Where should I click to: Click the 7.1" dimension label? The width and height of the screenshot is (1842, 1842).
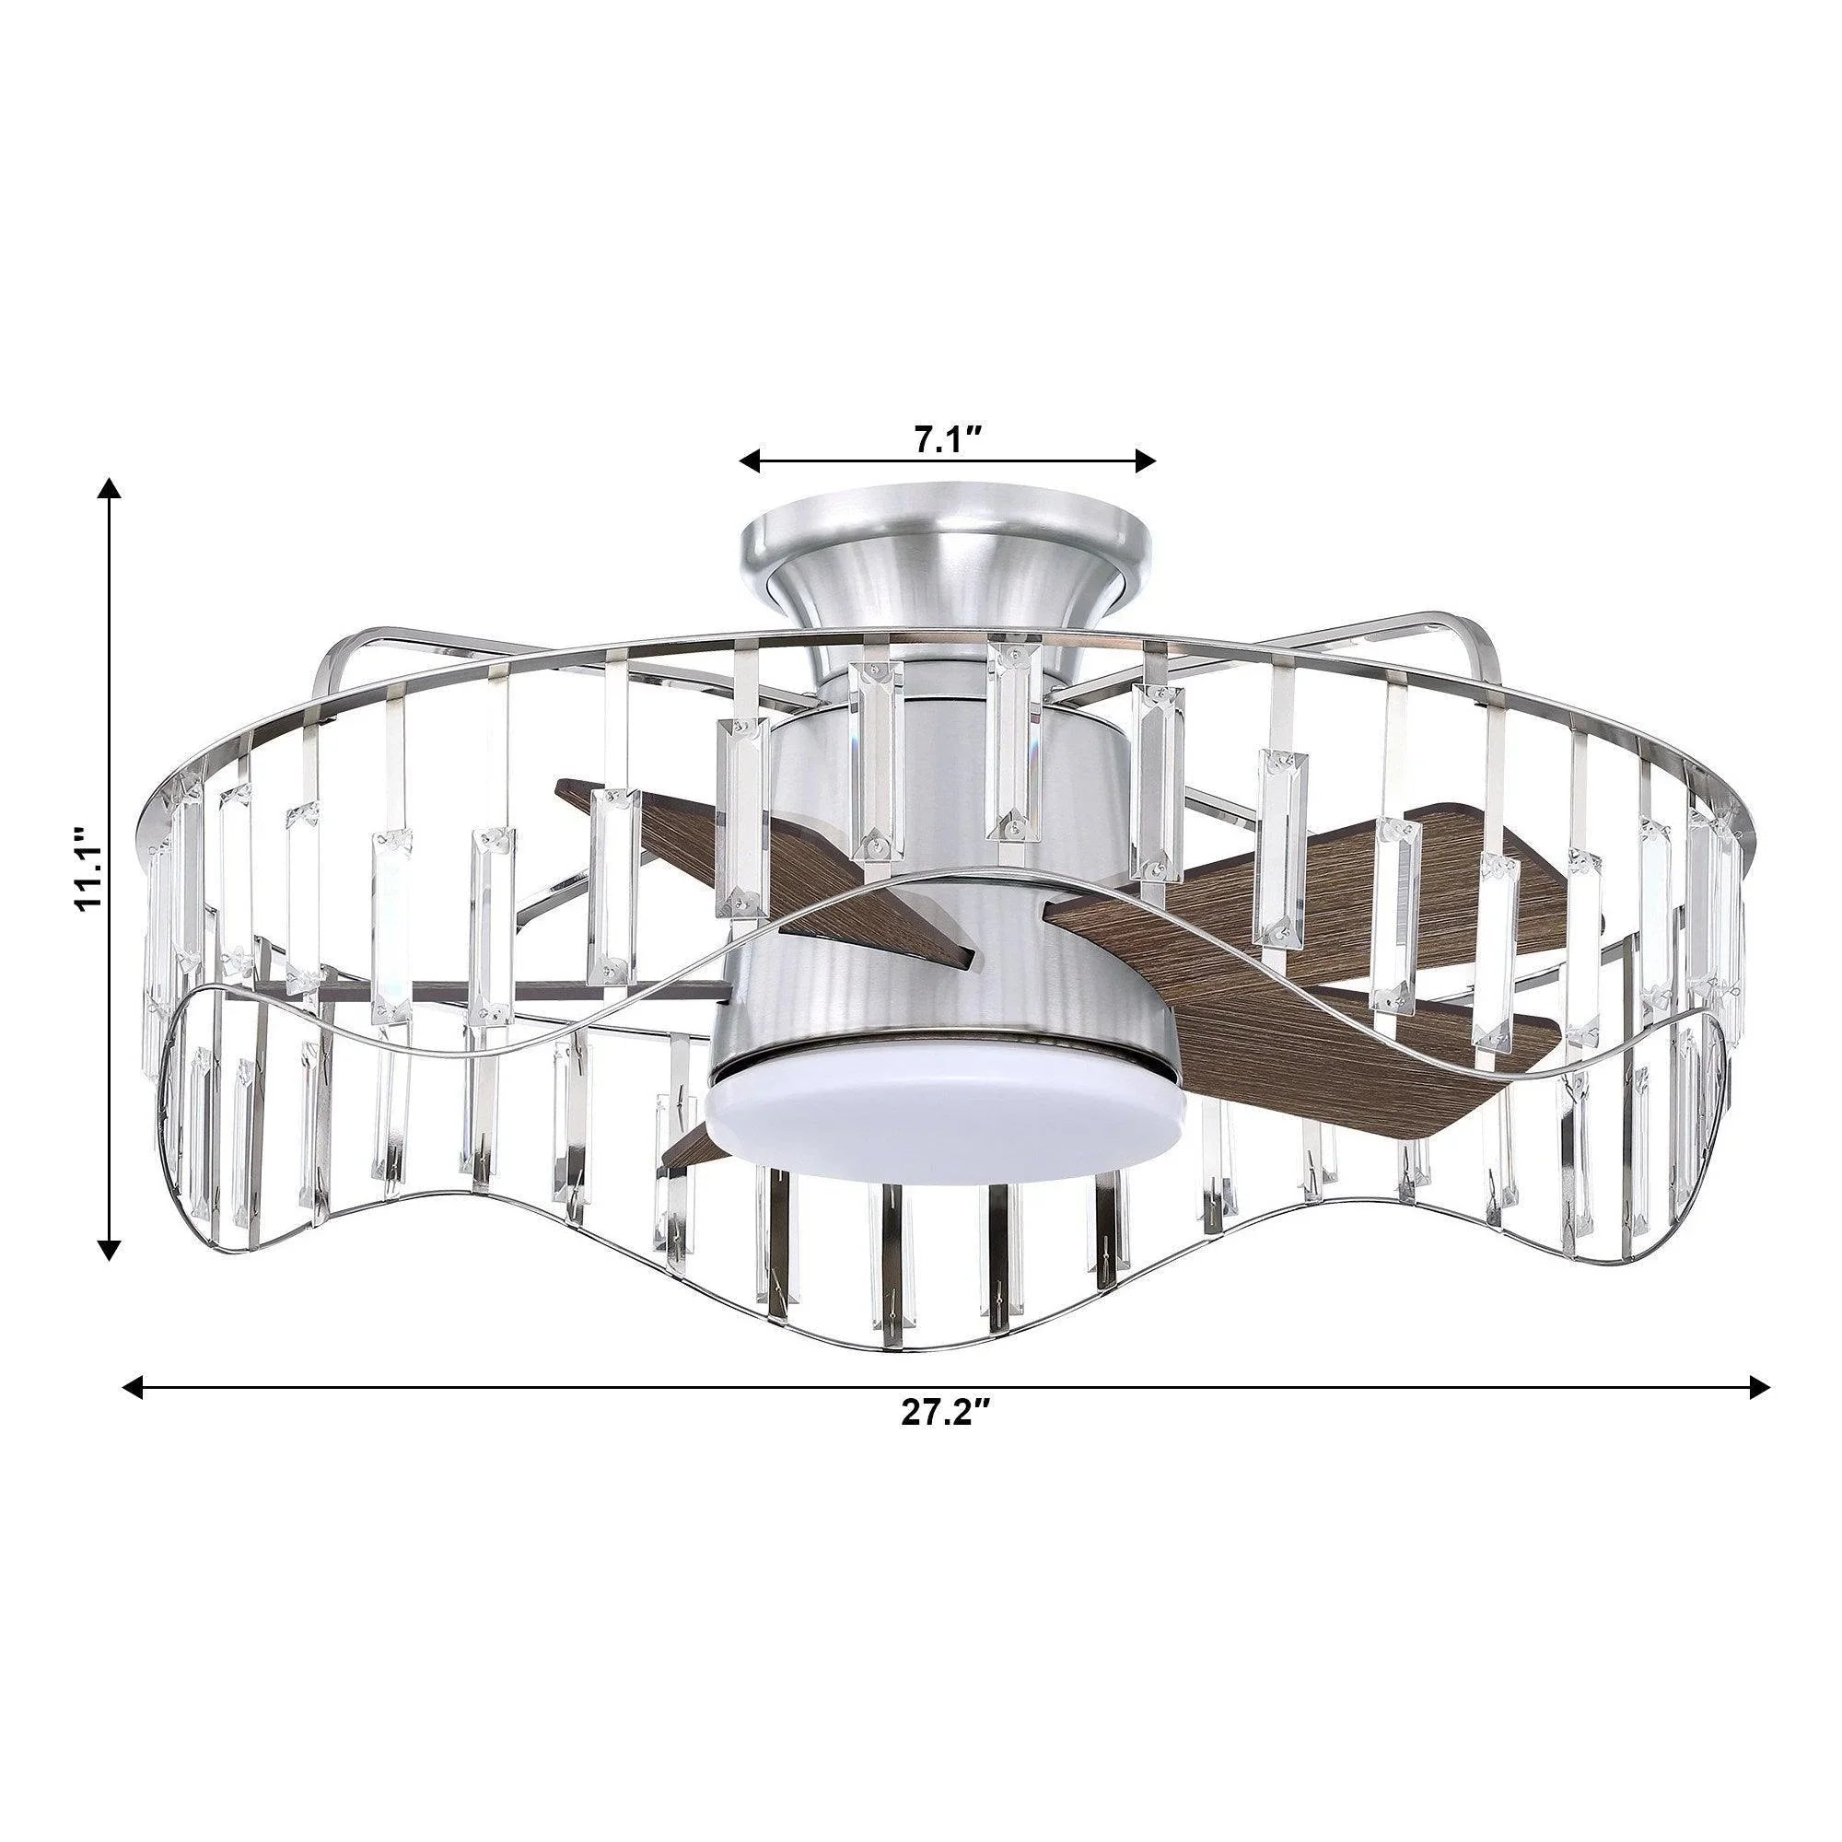pos(948,439)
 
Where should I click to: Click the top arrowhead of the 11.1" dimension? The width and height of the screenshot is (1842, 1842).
pos(111,489)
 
